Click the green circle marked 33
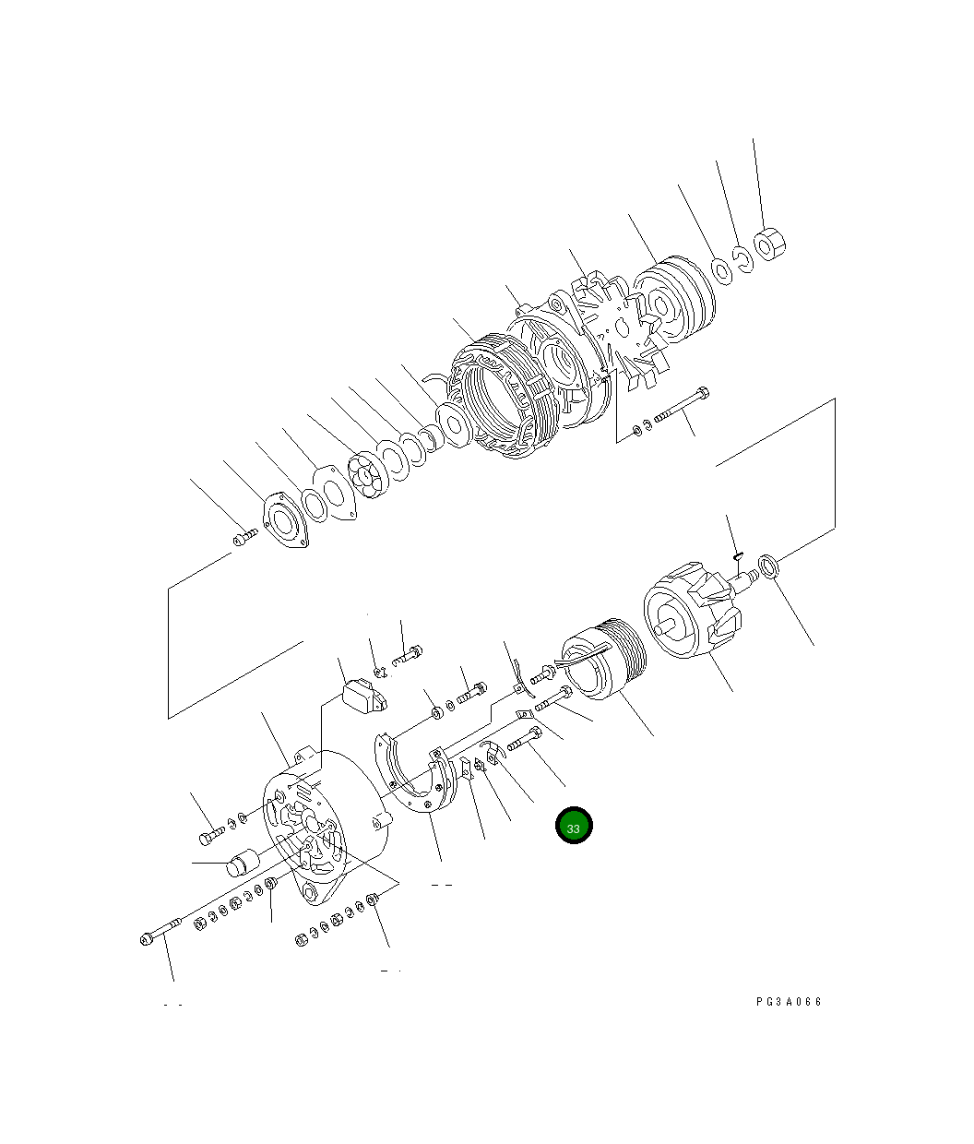coord(573,827)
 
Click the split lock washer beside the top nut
coord(744,257)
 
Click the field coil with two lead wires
coord(601,656)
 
